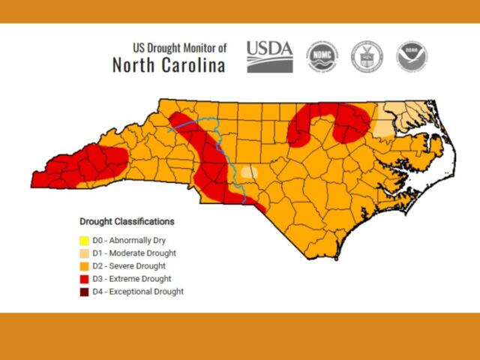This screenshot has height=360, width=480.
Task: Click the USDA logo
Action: (x=269, y=56)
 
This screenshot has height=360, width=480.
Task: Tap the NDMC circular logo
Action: (x=322, y=57)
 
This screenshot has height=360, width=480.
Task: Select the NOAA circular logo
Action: (x=412, y=57)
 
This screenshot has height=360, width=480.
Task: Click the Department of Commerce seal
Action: (x=367, y=57)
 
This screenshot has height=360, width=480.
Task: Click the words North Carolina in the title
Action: (x=169, y=65)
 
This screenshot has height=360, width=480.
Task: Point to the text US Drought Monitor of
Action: (x=179, y=47)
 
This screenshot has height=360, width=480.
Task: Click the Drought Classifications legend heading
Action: (x=127, y=222)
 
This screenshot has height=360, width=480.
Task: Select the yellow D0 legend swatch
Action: (x=85, y=241)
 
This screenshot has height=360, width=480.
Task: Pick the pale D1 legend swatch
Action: (x=85, y=253)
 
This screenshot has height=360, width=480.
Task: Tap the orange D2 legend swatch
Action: (x=85, y=266)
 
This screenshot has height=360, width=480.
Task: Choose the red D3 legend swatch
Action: (x=85, y=279)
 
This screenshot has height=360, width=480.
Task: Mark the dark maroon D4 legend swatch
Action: (x=85, y=292)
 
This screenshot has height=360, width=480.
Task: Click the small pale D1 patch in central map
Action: (x=248, y=172)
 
